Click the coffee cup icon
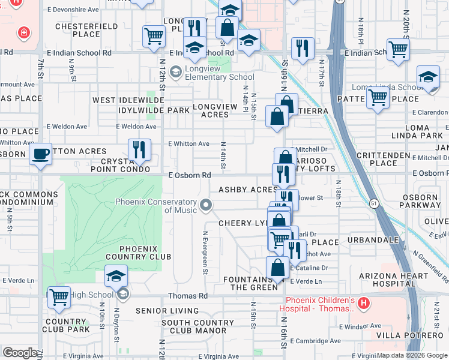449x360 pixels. pos(40,154)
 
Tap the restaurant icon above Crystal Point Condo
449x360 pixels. pos(139,150)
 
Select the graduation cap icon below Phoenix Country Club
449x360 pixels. pos(116,276)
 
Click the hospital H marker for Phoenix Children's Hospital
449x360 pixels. pos(363,305)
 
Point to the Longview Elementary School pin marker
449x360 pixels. pos(176,73)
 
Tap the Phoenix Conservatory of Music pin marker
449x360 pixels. pos(206,206)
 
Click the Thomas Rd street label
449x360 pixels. pos(187,296)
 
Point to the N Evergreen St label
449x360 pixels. pos(205,253)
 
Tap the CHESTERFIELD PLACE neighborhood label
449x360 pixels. pos(77,30)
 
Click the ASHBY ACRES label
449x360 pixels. pos(248,190)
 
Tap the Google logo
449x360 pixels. pos(20,352)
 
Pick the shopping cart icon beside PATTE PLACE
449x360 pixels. pos(378,97)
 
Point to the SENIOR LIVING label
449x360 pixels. pos(167,311)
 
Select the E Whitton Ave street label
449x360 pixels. pos(188,144)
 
